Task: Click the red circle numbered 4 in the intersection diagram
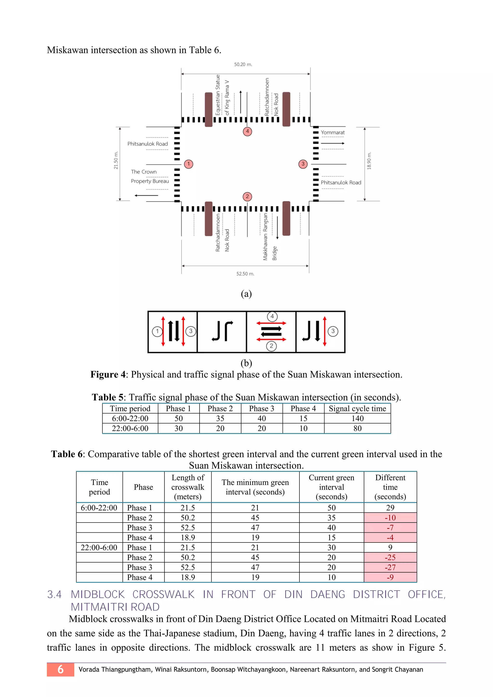[x=247, y=131]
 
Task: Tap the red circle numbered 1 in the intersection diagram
[x=188, y=164]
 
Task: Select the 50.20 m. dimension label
[x=243, y=64]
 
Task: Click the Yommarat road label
[x=333, y=132]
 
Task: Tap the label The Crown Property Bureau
[x=150, y=176]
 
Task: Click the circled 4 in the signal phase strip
[x=272, y=316]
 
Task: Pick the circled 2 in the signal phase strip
[x=271, y=346]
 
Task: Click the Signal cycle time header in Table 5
[x=357, y=409]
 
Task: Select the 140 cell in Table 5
[x=357, y=418]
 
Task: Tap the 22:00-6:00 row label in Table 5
[x=130, y=428]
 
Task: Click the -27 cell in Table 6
[x=390, y=567]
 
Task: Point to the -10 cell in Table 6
[x=390, y=518]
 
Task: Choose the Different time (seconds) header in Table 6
[x=390, y=487]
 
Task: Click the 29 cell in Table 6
[x=390, y=508]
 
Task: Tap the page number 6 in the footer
[x=60, y=669]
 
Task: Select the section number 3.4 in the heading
[x=54, y=594]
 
